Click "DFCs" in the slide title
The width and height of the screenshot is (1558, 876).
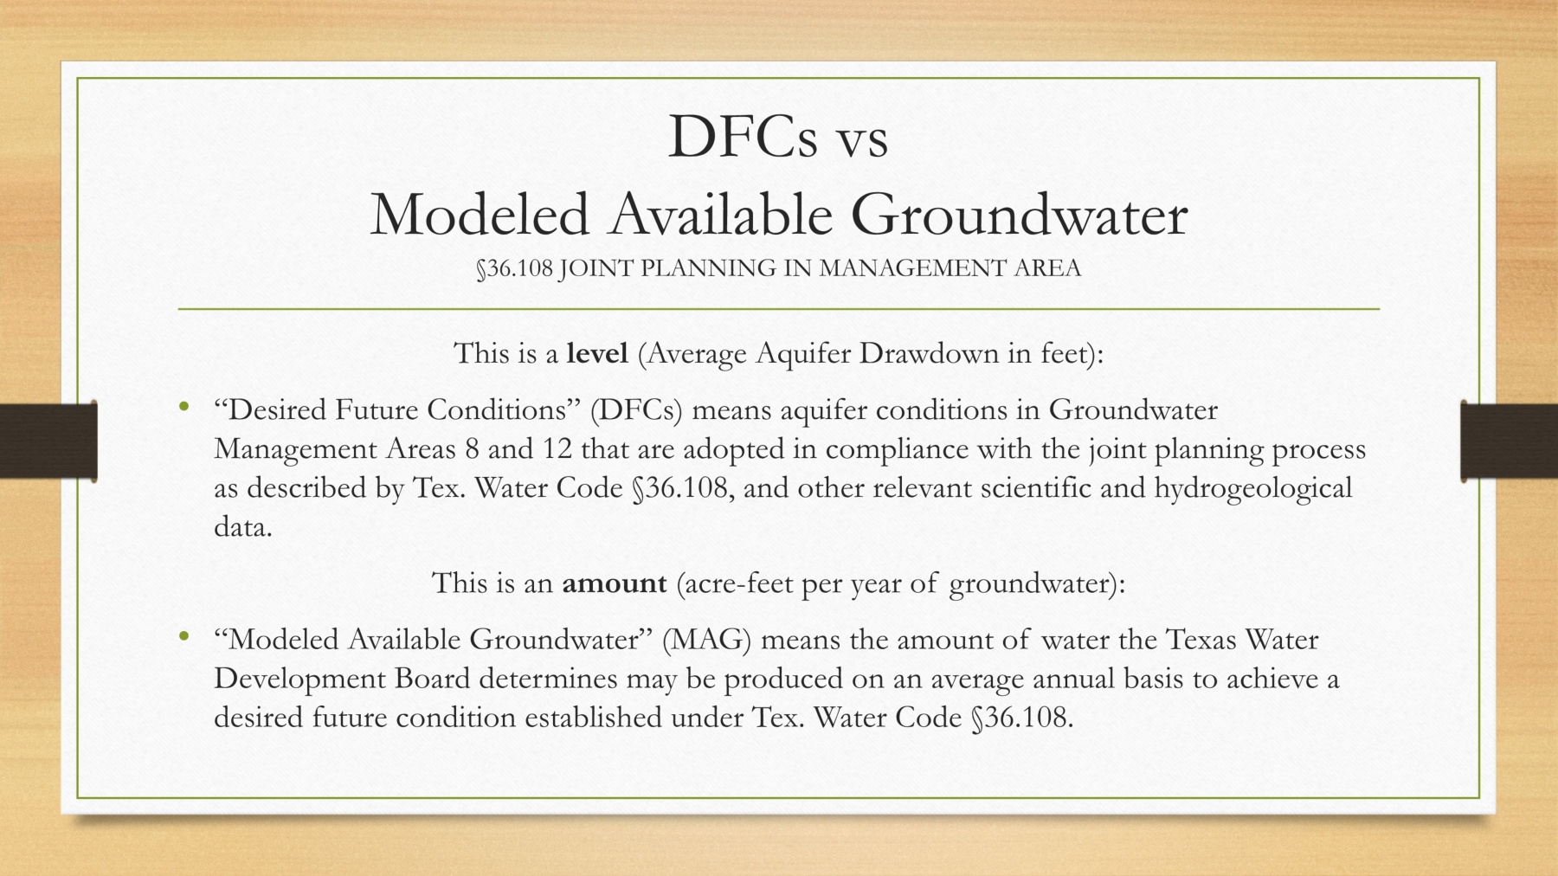(743, 137)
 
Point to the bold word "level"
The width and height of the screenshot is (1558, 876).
(597, 353)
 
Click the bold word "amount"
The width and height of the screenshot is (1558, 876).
(615, 583)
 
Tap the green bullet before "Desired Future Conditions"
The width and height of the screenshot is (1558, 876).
(183, 407)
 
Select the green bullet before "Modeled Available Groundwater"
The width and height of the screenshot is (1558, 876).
(183, 637)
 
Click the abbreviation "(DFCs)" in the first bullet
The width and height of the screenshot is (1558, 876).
(636, 410)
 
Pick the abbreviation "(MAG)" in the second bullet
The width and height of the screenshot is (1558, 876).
(706, 641)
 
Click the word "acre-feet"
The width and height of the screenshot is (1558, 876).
(735, 584)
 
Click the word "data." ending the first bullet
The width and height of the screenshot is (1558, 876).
(243, 526)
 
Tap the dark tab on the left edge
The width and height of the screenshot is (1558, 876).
(48, 440)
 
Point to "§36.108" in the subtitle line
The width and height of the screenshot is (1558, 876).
(514, 268)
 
